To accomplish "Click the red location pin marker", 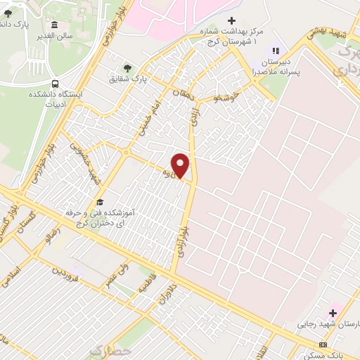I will tap(181, 165).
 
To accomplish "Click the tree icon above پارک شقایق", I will tap(127, 68).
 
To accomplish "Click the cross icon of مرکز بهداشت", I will tap(231, 20).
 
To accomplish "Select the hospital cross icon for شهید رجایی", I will tap(333, 312).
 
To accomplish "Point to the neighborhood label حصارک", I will tap(111, 349).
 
